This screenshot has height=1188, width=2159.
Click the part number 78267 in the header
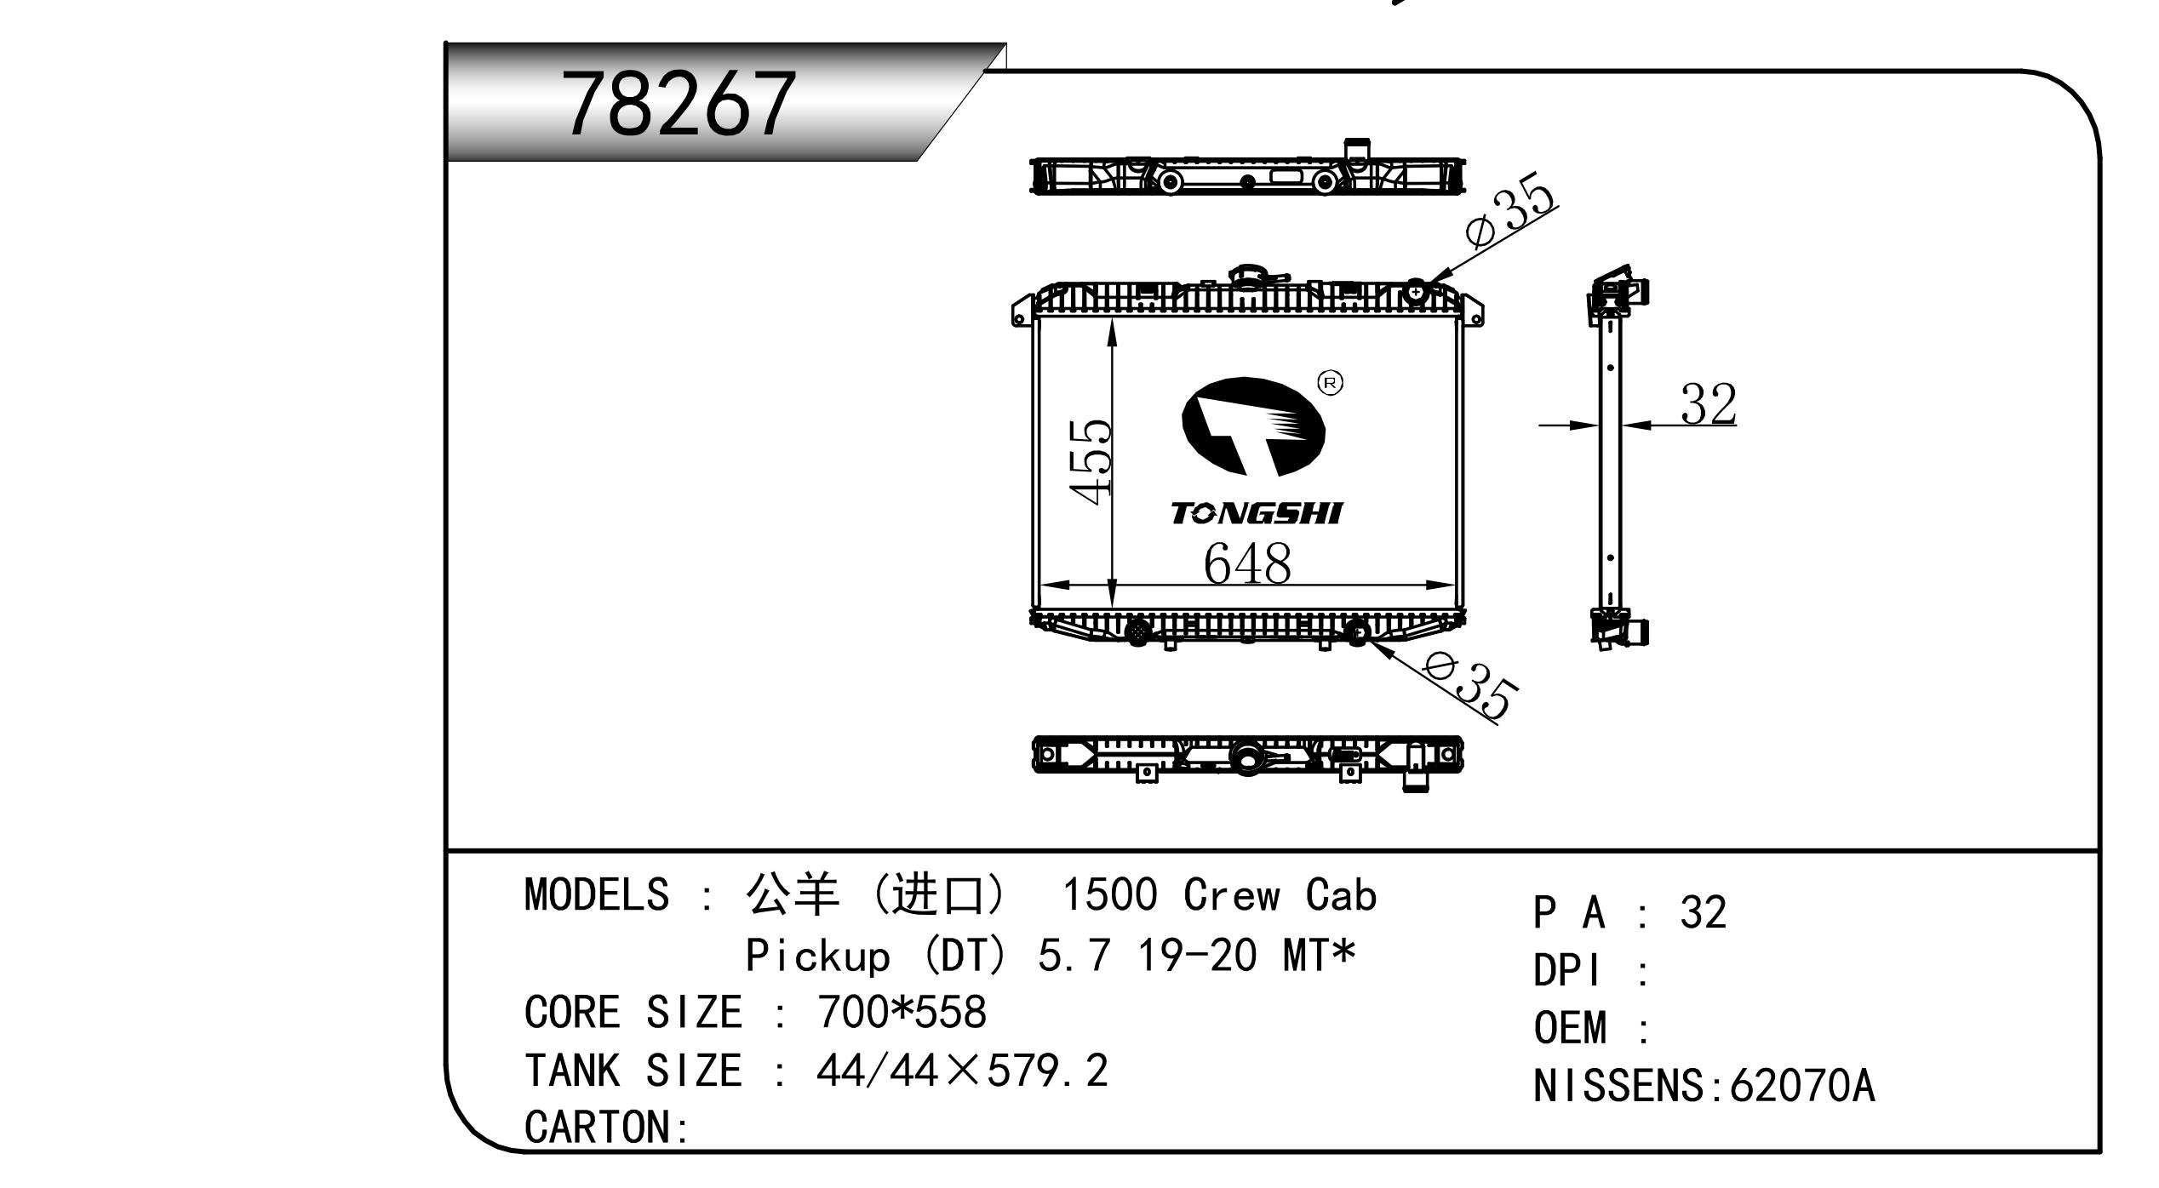click(679, 105)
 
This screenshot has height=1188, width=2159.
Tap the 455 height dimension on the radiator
click(1090, 461)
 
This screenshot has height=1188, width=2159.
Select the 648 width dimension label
click(1246, 563)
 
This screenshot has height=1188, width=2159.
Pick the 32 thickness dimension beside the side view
click(1708, 404)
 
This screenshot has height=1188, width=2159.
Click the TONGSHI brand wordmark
click(1256, 513)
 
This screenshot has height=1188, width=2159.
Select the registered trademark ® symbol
click(1330, 383)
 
